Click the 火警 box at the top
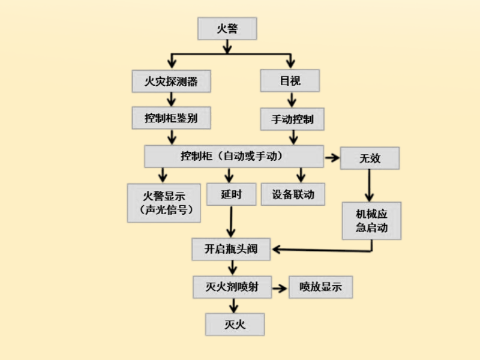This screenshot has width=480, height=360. pyautogui.click(x=227, y=28)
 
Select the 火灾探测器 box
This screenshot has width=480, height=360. pyautogui.click(x=171, y=81)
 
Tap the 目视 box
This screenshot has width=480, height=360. pyautogui.click(x=290, y=81)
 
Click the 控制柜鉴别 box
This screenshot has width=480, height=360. pyautogui.click(x=171, y=118)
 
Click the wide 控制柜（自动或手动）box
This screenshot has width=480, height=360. pyautogui.click(x=234, y=156)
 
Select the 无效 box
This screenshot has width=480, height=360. pyautogui.click(x=370, y=158)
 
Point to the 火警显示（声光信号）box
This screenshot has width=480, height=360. pyautogui.click(x=164, y=203)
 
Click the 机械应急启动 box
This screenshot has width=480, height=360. pyautogui.click(x=371, y=221)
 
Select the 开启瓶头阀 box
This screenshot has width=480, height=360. pyautogui.click(x=231, y=249)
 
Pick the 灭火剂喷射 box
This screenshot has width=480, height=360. pyautogui.click(x=231, y=287)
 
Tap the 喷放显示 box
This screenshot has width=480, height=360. pyautogui.click(x=320, y=287)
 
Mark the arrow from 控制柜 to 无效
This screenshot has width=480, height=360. pyautogui.click(x=332, y=158)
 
